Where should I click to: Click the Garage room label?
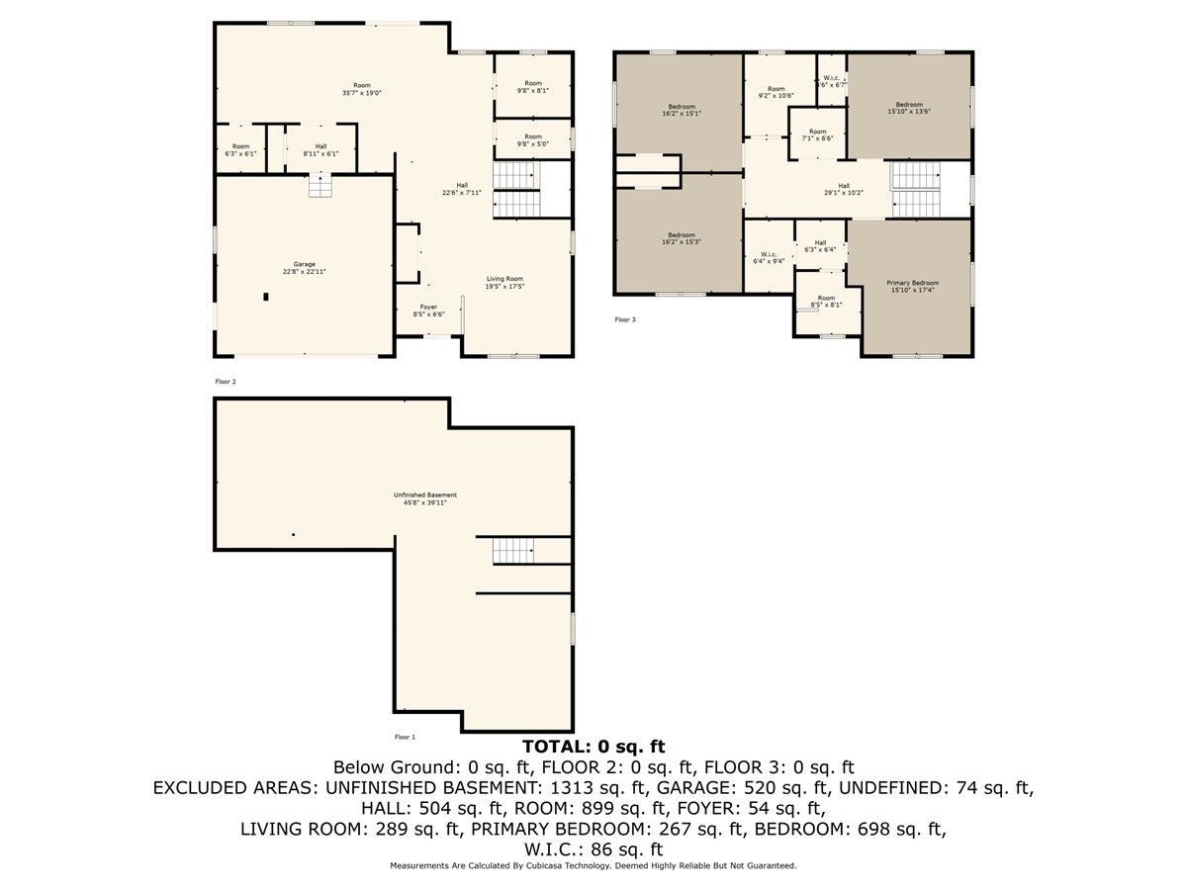click(x=304, y=267)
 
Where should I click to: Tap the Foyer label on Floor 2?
click(x=428, y=311)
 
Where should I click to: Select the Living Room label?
click(x=504, y=283)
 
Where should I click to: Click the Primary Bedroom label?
click(x=912, y=287)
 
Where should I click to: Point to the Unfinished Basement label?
click(x=425, y=498)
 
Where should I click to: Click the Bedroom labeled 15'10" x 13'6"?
click(x=909, y=108)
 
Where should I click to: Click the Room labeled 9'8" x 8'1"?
click(x=533, y=86)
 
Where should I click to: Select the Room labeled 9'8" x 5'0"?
click(x=533, y=140)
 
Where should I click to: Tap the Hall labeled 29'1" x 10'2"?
click(x=844, y=189)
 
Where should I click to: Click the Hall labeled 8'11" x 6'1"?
click(x=319, y=150)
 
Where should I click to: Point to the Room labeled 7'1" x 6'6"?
click(x=817, y=134)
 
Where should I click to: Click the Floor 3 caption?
click(x=625, y=319)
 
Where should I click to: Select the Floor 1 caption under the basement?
click(x=406, y=737)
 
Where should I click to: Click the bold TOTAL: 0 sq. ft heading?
click(x=593, y=747)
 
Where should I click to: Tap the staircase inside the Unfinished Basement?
click(x=513, y=549)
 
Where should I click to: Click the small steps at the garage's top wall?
click(x=321, y=186)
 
